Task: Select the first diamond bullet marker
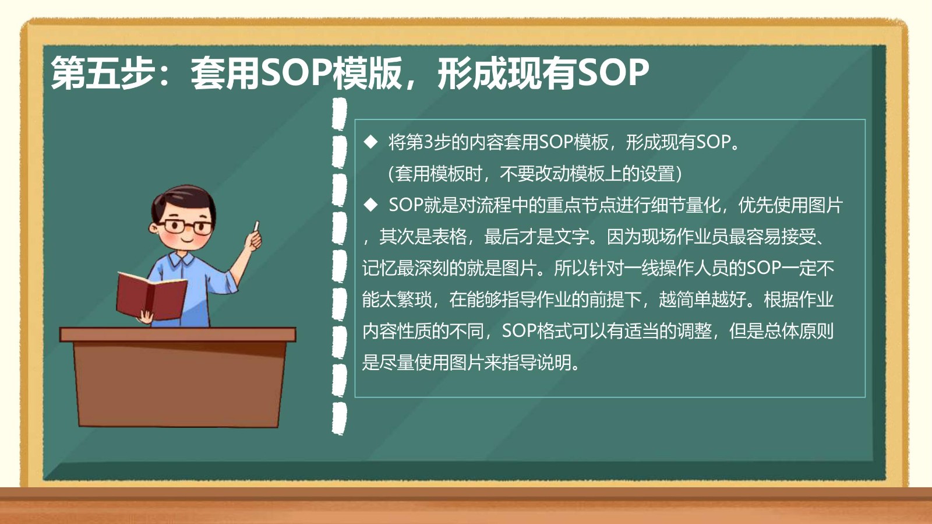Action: pos(370,142)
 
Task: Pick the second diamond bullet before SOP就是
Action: pos(370,205)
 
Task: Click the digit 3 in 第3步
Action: pos(428,142)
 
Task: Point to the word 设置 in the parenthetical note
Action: pos(657,174)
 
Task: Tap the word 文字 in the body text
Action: pos(571,237)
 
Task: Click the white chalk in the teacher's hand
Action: pos(256,227)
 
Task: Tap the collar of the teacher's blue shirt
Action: pos(181,259)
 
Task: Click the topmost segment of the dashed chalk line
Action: pos(339,113)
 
